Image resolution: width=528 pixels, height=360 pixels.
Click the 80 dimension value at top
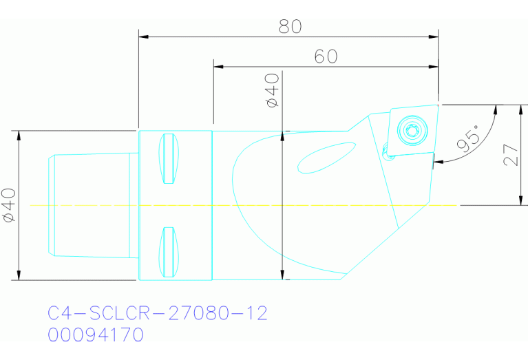[291, 26]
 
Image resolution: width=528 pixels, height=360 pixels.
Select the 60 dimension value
[326, 56]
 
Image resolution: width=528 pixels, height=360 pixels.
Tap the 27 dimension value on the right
[510, 156]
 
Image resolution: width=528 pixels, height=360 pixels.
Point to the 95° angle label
[469, 140]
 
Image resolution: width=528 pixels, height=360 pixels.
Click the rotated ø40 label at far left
[9, 206]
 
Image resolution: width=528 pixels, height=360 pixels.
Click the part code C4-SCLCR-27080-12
[157, 314]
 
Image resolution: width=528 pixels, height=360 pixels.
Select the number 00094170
[96, 335]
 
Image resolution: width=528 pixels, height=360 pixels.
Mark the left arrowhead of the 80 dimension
[142, 36]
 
